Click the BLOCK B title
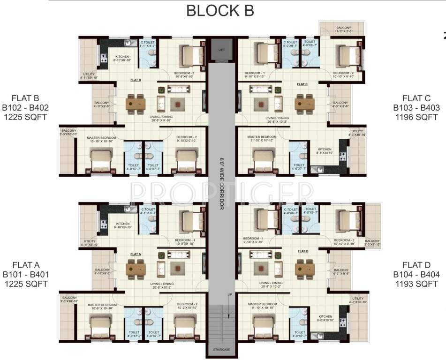pos(220,10)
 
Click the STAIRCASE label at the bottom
pos(222,350)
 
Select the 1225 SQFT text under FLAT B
pos(26,117)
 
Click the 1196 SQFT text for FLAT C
pos(416,117)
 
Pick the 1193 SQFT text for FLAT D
pos(416,284)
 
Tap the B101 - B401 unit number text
pos(26,274)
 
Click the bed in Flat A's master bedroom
pos(101,323)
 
